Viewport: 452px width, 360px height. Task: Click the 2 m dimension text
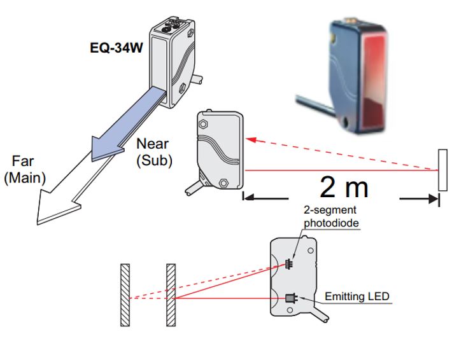[344, 188]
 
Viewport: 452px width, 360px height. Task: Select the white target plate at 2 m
[441, 170]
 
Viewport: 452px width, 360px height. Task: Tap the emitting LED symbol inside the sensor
[292, 297]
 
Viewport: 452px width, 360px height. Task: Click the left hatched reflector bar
[125, 296]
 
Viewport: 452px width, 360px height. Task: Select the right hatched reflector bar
[171, 296]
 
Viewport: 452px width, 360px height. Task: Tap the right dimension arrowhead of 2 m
[434, 198]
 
